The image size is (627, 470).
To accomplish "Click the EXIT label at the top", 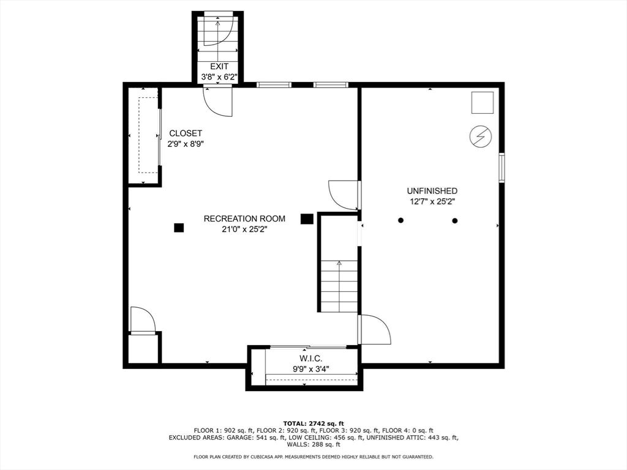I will [219, 66].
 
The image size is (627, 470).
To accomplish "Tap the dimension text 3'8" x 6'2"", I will [219, 77].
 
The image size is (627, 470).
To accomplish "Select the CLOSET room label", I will [186, 133].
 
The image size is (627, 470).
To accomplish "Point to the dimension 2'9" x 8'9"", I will [186, 144].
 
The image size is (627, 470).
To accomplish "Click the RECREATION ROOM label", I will [244, 218].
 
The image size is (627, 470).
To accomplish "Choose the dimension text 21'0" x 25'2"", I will [244, 229].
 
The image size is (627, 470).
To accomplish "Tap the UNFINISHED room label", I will [432, 191].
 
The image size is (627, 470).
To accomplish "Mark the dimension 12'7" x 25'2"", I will [432, 201].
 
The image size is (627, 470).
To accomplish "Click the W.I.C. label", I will [311, 358].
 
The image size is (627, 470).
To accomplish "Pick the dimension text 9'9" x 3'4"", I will [311, 368].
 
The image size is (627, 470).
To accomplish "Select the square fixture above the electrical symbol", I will [482, 103].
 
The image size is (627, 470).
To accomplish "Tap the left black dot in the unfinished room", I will [400, 220].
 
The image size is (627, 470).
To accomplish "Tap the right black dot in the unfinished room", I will [455, 220].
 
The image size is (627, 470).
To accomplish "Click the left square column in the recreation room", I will [179, 228].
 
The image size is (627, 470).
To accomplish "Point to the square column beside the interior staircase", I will [307, 218].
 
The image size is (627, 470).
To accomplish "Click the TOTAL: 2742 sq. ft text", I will [313, 423].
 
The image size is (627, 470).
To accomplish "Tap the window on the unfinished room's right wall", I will [501, 168].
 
